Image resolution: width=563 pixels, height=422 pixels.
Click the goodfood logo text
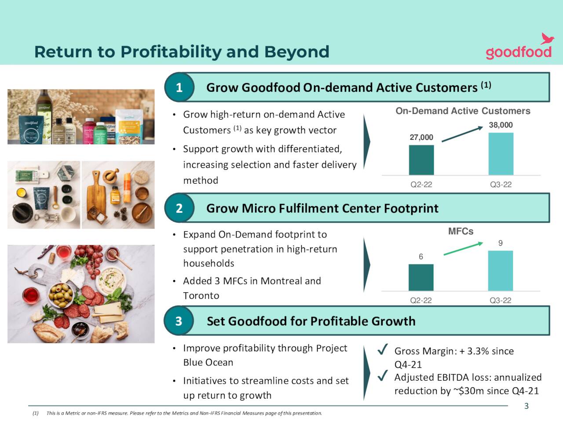(x=519, y=52)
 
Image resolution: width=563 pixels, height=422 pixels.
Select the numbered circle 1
(x=179, y=87)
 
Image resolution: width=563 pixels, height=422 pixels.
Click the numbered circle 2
(x=179, y=208)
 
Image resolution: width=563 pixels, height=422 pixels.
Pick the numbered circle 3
(x=179, y=321)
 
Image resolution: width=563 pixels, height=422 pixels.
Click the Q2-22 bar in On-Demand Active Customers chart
(x=421, y=160)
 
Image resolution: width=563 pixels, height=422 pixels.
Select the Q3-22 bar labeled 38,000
(x=501, y=154)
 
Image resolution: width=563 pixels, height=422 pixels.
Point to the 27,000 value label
(x=421, y=137)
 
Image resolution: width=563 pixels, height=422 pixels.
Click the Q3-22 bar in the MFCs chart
(x=500, y=270)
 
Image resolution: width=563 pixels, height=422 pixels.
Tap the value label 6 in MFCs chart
(x=421, y=257)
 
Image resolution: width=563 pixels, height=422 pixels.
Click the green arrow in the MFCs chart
(x=463, y=249)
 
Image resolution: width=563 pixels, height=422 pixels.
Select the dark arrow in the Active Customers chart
(x=462, y=134)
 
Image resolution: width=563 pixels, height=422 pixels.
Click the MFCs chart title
(x=461, y=231)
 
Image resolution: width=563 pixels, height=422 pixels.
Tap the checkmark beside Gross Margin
(x=382, y=350)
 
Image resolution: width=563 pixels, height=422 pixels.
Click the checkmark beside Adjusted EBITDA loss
(x=382, y=376)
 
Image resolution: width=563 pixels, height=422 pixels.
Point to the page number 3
(x=526, y=406)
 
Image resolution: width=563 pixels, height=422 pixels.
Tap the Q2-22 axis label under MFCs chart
(x=420, y=300)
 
